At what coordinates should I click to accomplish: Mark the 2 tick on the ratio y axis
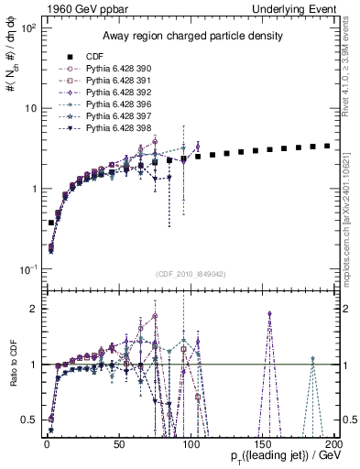pyautogui.click(x=32, y=309)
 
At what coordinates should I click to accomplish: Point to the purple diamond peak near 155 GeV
pyautogui.click(x=269, y=313)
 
